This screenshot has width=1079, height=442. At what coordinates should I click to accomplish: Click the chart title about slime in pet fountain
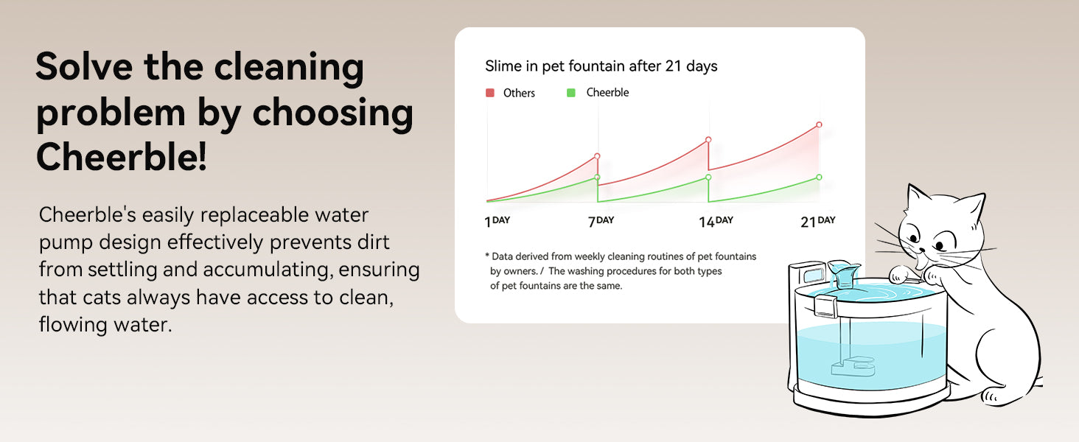coord(601,66)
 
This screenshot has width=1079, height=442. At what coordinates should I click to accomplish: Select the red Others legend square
coord(489,93)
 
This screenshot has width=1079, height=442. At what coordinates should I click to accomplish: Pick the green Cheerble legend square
coord(570,93)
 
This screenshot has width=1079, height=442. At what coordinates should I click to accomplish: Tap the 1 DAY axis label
coord(497,221)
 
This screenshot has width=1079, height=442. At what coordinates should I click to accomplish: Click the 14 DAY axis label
coord(716,221)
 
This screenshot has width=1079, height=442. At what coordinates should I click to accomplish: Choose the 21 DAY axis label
coord(817,221)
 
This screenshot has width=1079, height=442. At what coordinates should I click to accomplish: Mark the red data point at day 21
coord(819,124)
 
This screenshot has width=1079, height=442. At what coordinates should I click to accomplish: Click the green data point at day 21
coord(819,177)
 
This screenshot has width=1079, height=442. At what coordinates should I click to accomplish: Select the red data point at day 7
coord(597,156)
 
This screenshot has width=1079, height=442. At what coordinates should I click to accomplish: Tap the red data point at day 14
coord(708,139)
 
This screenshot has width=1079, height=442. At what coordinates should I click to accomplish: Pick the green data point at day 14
coord(708,177)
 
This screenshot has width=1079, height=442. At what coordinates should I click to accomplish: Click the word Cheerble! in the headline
coord(122,158)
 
